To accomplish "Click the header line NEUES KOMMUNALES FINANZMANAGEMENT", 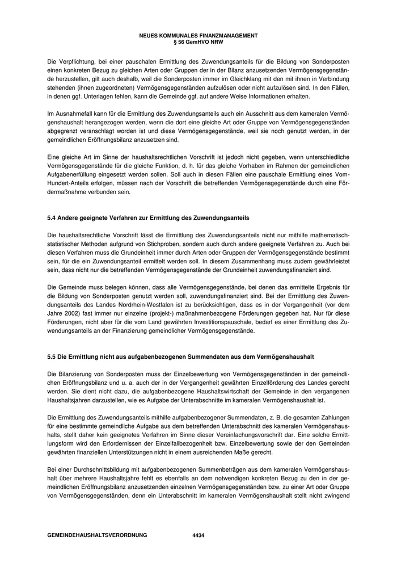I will click(x=198, y=35).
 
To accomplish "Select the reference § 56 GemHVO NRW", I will click(x=198, y=41).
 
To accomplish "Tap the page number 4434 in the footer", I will click(x=198, y=535).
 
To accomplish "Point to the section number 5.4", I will click(x=52, y=218).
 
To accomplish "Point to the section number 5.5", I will click(x=52, y=356).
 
